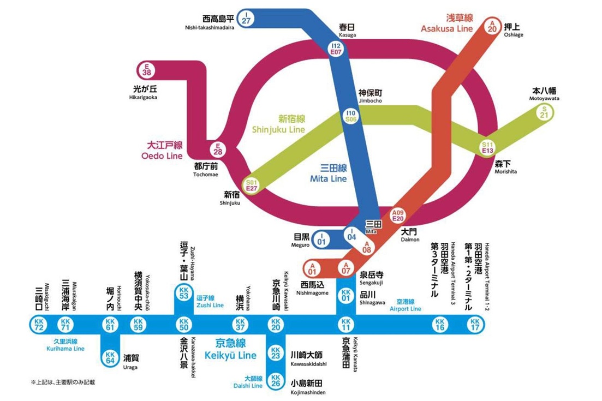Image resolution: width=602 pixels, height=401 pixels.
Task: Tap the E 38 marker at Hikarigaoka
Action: (146, 69)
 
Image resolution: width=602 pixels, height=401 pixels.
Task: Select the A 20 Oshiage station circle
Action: (493, 26)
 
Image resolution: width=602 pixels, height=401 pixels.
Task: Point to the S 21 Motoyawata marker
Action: (544, 112)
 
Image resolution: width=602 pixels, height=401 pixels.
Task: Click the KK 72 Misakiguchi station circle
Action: (39, 325)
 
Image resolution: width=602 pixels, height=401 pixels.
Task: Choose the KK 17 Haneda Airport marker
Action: (475, 325)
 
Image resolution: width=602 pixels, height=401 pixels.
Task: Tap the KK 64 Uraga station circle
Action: (110, 357)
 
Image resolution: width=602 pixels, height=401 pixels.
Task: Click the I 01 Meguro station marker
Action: (321, 239)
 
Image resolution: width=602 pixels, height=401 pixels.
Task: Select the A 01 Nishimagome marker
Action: (312, 268)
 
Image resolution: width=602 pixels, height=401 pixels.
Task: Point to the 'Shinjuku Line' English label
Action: (278, 129)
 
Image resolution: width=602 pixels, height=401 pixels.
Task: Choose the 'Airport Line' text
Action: (405, 308)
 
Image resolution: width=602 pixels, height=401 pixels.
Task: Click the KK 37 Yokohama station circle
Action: (239, 325)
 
